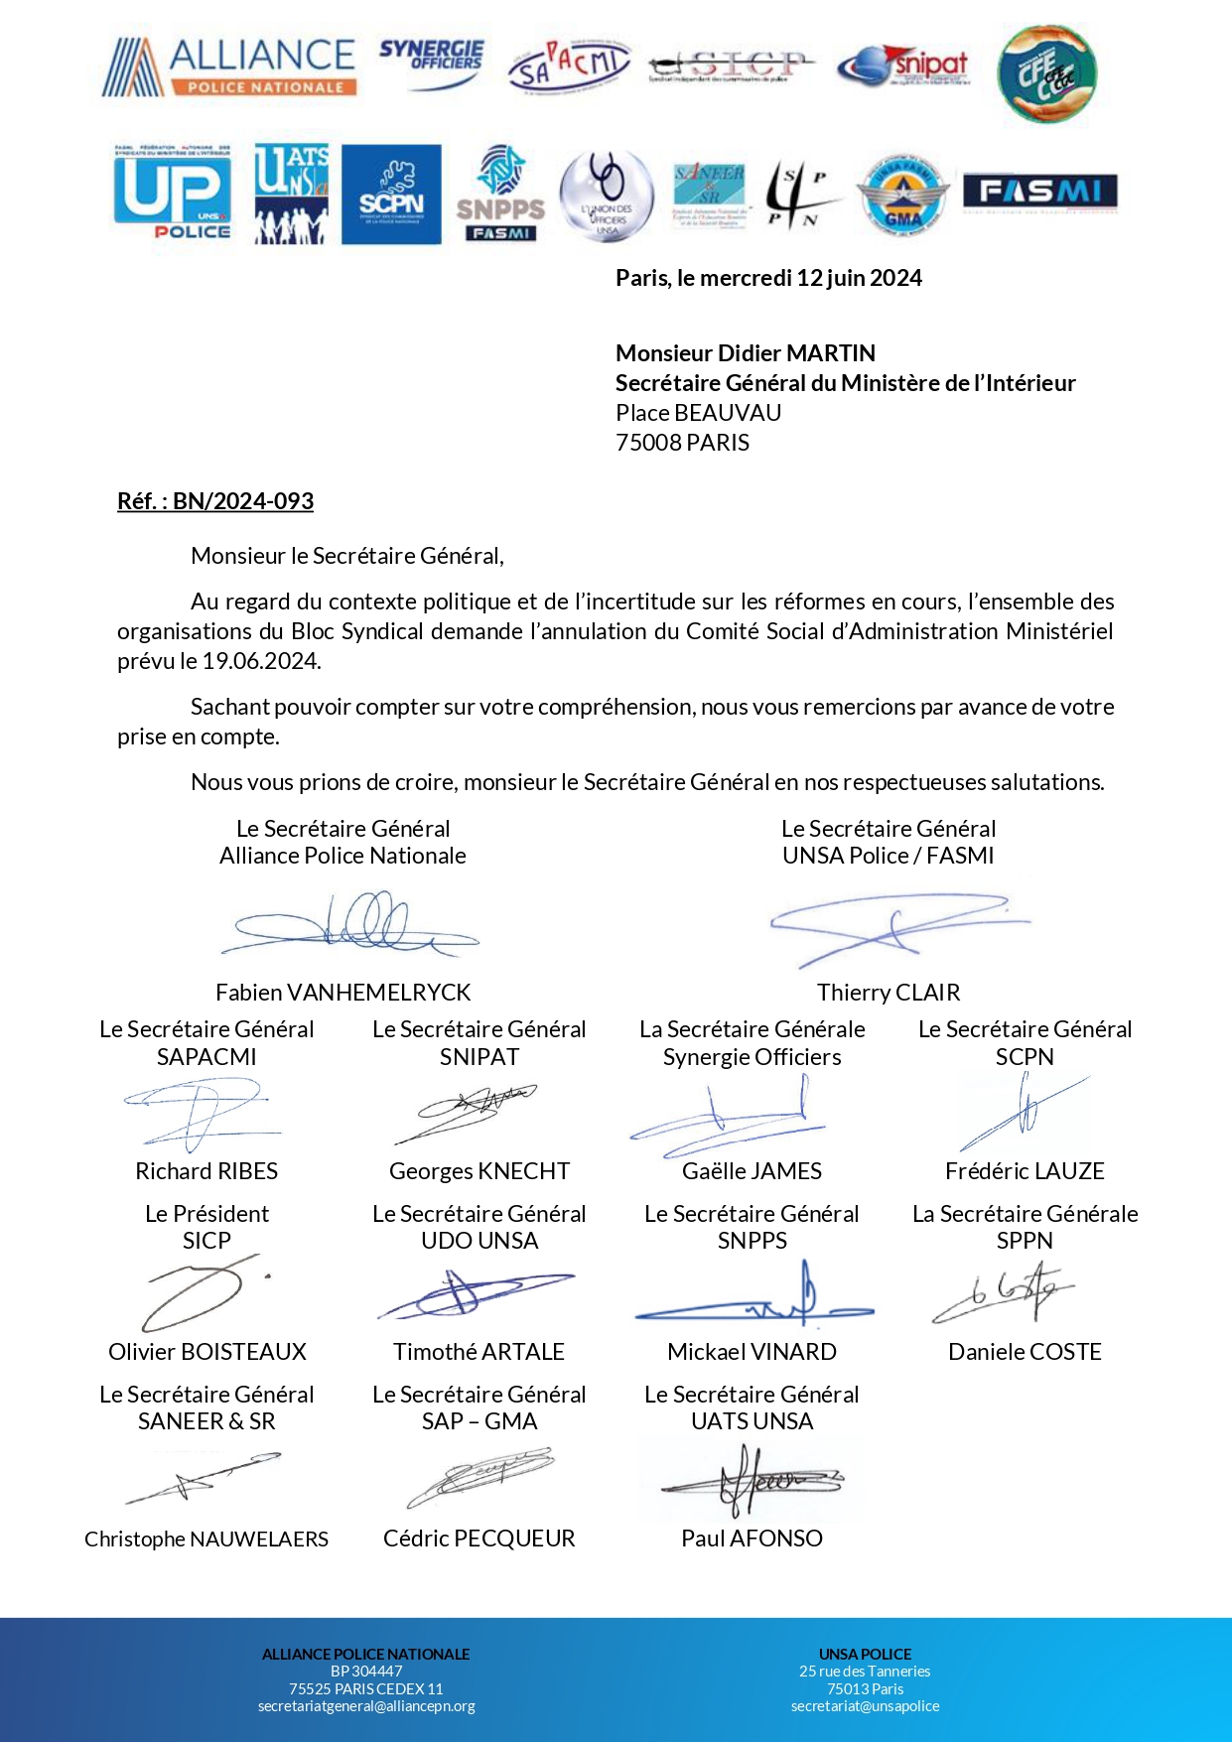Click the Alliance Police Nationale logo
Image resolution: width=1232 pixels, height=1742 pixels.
(x=229, y=67)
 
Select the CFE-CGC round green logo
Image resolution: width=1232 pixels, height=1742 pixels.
(x=1046, y=73)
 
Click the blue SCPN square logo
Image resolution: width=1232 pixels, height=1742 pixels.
(x=391, y=195)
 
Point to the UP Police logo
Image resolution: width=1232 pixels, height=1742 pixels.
(x=173, y=195)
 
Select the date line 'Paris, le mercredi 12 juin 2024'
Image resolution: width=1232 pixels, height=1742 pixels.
(x=768, y=278)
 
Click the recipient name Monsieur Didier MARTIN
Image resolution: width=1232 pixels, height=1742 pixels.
(x=746, y=353)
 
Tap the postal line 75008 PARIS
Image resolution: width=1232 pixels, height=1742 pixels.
(x=682, y=443)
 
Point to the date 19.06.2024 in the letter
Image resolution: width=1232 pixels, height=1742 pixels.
(x=261, y=661)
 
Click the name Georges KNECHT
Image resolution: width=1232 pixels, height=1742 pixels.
(x=479, y=1171)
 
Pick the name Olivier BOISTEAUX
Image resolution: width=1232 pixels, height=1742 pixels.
(x=207, y=1352)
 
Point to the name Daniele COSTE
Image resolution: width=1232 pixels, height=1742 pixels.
(x=1025, y=1352)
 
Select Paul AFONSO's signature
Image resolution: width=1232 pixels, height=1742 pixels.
(x=752, y=1481)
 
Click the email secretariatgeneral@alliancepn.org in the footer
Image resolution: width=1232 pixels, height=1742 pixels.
(x=366, y=1706)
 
